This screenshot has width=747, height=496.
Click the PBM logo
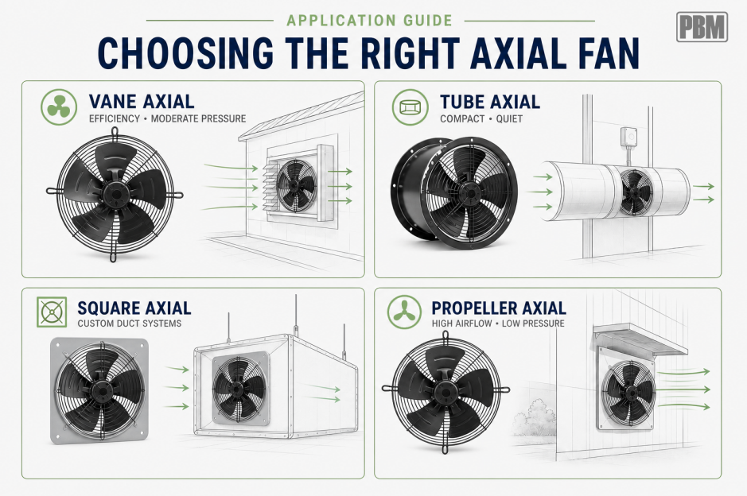702,27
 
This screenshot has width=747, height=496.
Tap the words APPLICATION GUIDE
369,21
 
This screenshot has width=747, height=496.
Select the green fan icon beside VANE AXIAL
59,107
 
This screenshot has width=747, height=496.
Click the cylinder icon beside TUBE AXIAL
410,107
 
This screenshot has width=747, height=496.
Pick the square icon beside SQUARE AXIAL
52,312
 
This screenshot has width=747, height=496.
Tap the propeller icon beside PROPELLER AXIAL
404,312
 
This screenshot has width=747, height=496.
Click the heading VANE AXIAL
142,102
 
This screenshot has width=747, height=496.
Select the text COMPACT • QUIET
481,118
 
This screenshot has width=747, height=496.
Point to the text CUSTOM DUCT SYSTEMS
130,324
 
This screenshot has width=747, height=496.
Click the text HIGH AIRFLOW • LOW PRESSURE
498,324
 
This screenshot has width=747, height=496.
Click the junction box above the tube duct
630,136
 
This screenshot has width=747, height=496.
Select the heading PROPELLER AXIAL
499,308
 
